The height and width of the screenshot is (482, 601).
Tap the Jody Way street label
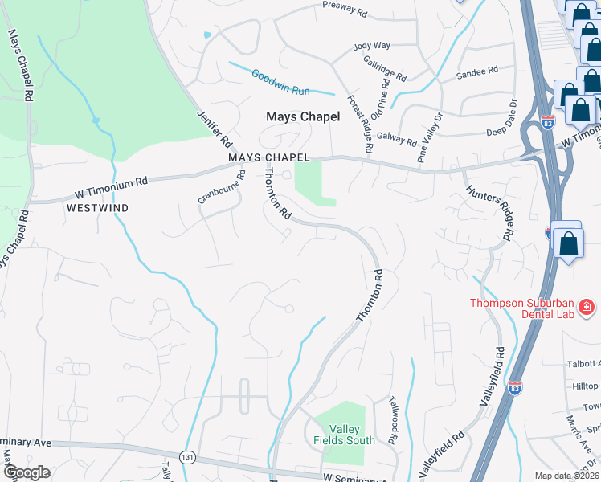(372, 47)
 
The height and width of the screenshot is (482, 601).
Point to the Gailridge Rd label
(385, 68)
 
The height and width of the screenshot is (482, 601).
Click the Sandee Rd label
(477, 73)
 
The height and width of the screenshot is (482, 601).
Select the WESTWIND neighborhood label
(97, 207)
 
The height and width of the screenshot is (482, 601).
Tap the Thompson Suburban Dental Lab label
(522, 308)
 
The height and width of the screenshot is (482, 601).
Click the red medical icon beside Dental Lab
(586, 307)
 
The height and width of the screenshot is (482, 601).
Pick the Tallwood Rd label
(394, 421)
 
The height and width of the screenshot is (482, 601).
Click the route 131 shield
(186, 455)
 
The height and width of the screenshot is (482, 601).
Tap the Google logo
(26, 473)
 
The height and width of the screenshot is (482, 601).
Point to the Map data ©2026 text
(566, 476)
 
